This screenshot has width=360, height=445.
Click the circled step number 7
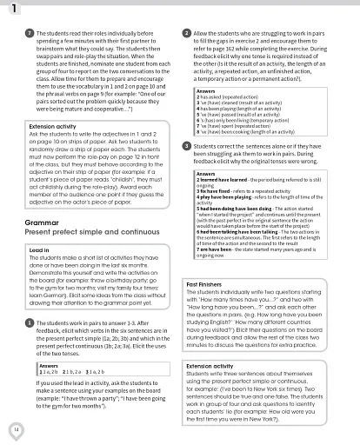tap(30, 32)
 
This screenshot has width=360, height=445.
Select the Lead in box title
tap(43, 250)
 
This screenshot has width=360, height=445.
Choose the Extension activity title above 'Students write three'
tap(216, 366)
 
